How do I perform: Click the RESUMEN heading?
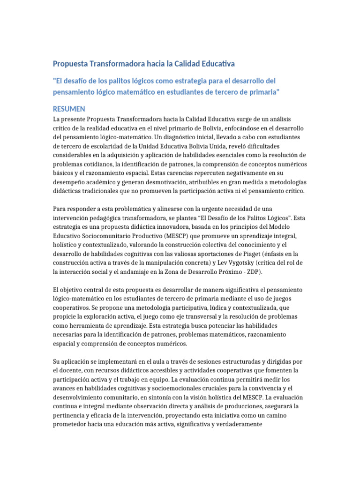[x=68, y=109]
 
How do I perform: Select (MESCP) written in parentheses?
[x=177, y=236]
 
